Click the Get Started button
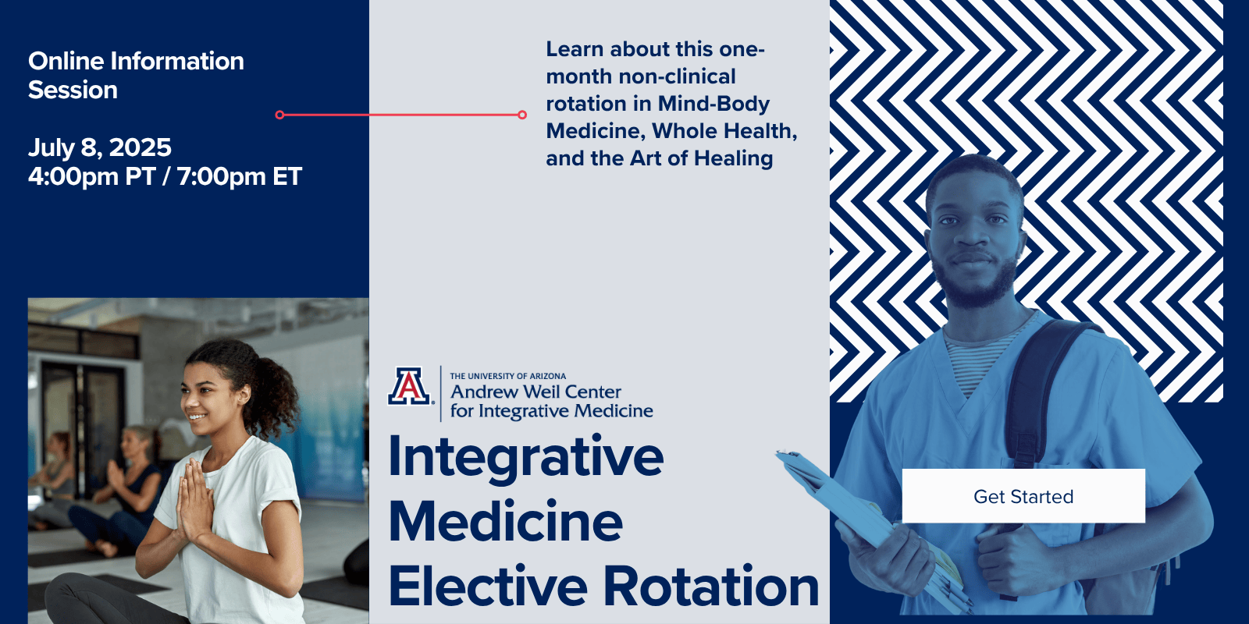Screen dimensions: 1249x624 click(1023, 496)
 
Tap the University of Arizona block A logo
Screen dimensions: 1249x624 click(409, 385)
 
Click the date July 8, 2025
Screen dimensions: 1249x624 click(100, 147)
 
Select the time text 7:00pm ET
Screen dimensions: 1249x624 click(240, 176)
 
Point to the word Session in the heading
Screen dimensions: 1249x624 click(73, 90)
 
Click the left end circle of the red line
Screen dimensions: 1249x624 click(280, 115)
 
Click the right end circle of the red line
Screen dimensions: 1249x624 click(522, 115)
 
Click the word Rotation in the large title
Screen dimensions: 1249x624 click(711, 586)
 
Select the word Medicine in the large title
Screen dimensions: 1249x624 click(505, 521)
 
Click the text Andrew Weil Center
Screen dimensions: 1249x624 click(536, 392)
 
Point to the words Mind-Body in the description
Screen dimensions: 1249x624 click(713, 104)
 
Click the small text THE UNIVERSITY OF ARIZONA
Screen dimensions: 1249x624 click(508, 376)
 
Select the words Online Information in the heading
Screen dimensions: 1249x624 click(136, 62)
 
